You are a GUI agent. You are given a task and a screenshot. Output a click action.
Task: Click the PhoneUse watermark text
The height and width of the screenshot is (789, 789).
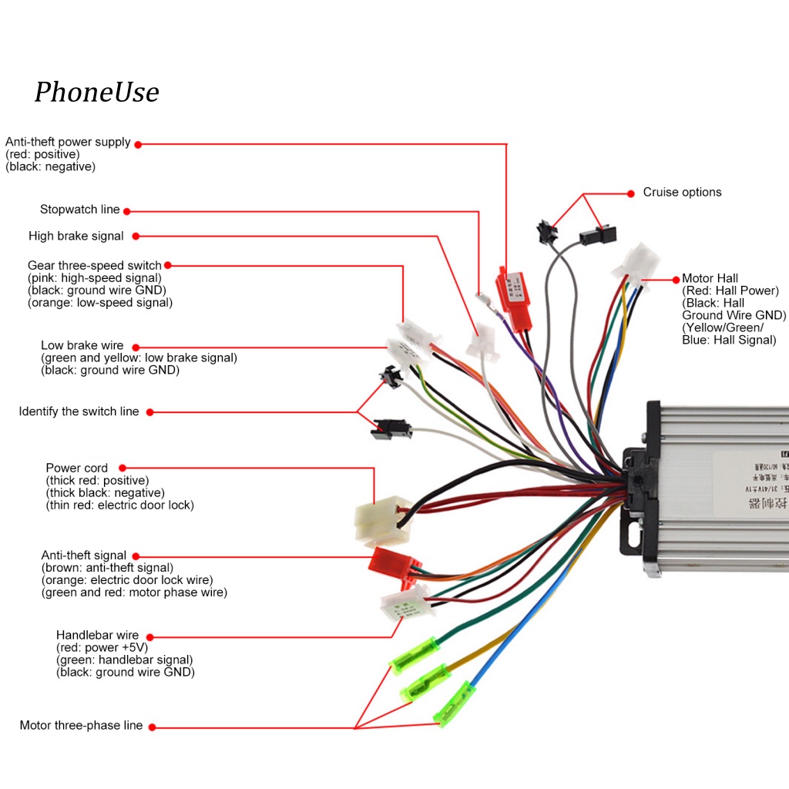point(96,92)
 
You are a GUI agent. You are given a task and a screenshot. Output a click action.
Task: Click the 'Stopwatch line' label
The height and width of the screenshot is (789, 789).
point(79,210)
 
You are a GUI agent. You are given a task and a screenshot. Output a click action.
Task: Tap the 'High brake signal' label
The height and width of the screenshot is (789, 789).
point(76,237)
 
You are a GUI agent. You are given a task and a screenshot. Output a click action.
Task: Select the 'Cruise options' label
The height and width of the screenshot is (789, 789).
point(682,192)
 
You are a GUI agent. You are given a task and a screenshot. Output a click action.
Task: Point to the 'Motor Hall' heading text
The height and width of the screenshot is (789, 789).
point(710,278)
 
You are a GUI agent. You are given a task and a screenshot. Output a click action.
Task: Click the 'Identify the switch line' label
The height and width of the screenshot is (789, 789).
point(79,411)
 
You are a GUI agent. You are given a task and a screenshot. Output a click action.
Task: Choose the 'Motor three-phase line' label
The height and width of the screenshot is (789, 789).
point(81,726)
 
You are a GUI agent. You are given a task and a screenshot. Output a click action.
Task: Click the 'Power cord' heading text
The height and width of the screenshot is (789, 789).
point(77,468)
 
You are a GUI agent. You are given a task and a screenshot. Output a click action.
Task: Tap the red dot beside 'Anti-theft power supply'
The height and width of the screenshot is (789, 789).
point(138,143)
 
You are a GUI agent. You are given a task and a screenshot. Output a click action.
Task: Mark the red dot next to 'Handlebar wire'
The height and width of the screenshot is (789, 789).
point(149,636)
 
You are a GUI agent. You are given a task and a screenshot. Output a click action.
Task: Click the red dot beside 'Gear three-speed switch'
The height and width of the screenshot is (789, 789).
point(168,266)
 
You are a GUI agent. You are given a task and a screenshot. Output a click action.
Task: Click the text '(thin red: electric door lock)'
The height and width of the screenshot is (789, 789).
point(119,505)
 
